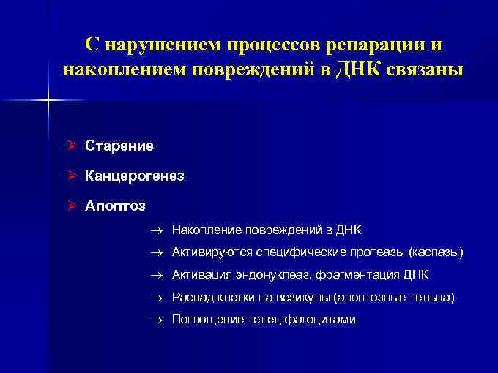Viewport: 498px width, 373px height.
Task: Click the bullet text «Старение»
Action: click(x=119, y=146)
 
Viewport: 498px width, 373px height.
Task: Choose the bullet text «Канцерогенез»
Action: click(x=135, y=176)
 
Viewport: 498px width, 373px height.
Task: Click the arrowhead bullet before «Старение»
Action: click(x=72, y=146)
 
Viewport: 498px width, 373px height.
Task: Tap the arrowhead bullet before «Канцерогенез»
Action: click(x=72, y=176)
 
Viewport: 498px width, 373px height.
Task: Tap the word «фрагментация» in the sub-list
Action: click(x=360, y=275)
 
